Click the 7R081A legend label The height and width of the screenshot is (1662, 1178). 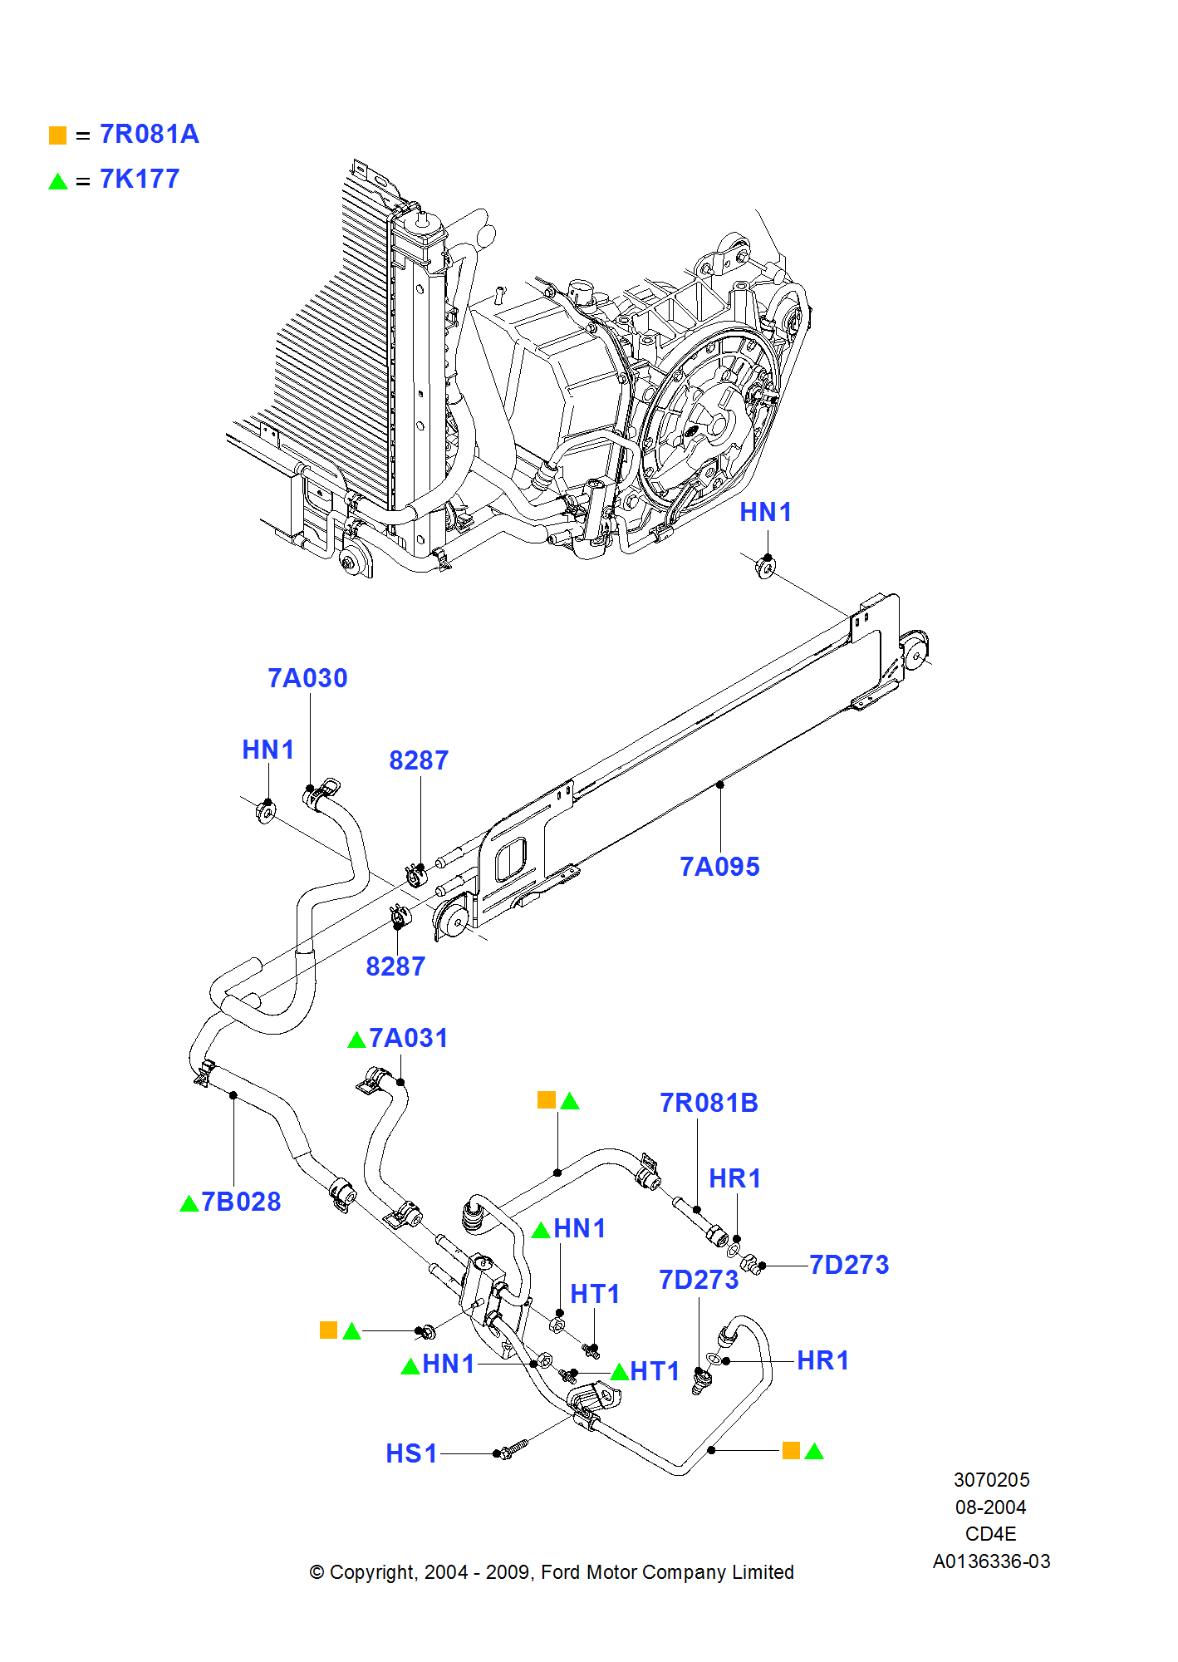point(150,134)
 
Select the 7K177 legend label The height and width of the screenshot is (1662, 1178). point(140,179)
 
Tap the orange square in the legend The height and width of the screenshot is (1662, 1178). point(57,135)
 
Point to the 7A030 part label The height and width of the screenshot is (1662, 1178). point(307,678)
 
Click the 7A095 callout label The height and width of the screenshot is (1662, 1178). point(719,867)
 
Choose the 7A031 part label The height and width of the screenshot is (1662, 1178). point(408,1038)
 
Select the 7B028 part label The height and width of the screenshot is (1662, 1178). point(241,1202)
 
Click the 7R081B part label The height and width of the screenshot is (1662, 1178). point(709,1103)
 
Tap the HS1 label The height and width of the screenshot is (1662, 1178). point(411,1453)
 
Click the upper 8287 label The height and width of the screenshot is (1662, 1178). point(419,760)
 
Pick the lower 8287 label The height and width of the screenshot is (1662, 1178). point(395,966)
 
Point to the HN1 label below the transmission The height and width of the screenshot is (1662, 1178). point(765,512)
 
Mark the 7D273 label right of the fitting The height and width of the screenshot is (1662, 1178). point(849,1265)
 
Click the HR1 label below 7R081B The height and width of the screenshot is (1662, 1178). point(734,1178)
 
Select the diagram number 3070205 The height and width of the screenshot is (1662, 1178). point(991,1480)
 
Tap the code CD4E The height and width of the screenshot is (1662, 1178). point(991,1534)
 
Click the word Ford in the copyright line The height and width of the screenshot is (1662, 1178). point(561,1572)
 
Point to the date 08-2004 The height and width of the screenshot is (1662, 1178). point(991,1507)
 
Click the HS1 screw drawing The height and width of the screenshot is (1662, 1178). point(510,1449)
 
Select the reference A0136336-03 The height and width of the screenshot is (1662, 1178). point(991,1561)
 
